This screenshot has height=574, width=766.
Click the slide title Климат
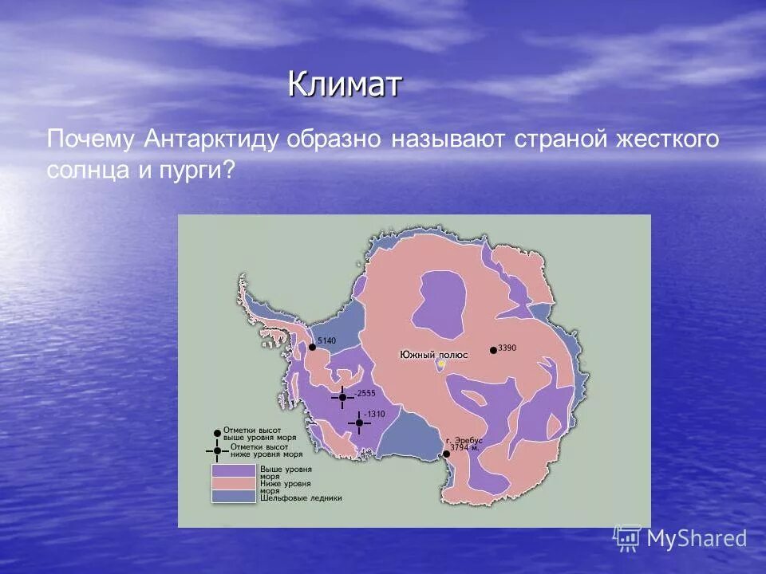pos(344,83)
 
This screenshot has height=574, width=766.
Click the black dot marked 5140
pos(312,347)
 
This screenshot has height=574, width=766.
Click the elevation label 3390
pos(508,348)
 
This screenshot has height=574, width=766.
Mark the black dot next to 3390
pos(494,350)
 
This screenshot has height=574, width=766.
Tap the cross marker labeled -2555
pos(342,397)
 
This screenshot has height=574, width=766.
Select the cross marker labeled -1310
pos(359,423)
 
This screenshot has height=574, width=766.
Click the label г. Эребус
pos(464,441)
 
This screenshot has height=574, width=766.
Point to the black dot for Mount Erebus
pos(446,454)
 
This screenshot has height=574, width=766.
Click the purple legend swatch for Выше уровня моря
pos(233,470)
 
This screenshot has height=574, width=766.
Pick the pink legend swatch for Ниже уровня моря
pos(233,482)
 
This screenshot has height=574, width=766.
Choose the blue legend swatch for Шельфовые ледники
pos(233,496)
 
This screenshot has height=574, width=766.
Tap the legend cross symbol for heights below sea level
pos(217,450)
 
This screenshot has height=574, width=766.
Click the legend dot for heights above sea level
pos(217,433)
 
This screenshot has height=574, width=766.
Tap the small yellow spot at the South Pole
pos(440,364)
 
